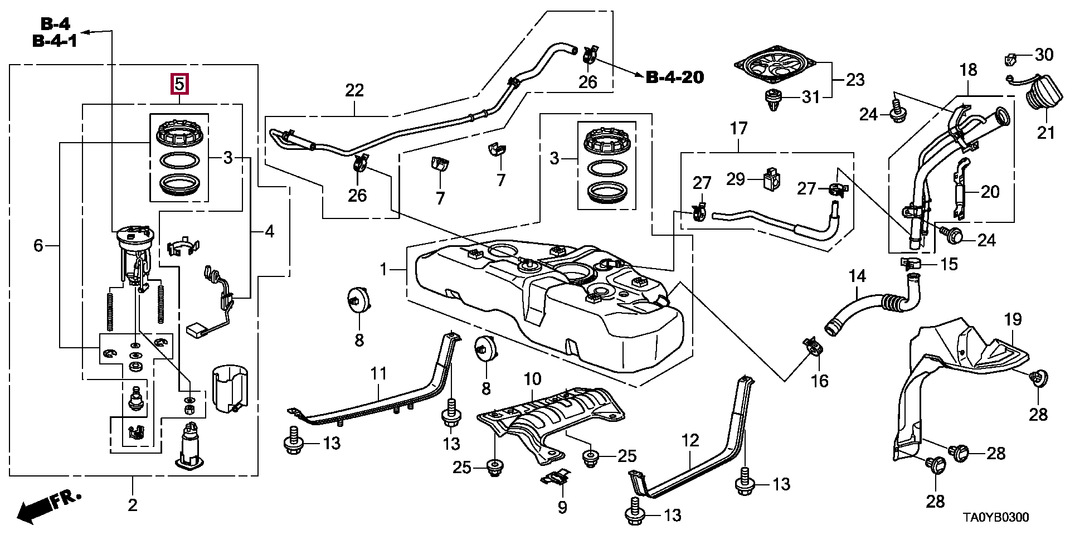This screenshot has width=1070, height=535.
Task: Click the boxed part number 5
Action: click(x=179, y=85)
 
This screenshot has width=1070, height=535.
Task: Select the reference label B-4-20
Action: click(x=674, y=77)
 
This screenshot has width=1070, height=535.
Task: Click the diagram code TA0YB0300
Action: click(x=996, y=518)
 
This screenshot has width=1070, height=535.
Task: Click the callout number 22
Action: click(x=354, y=90)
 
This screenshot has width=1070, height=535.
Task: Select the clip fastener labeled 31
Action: click(x=772, y=99)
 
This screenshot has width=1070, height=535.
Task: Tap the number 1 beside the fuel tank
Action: click(x=383, y=270)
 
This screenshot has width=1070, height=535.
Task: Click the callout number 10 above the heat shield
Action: click(x=532, y=380)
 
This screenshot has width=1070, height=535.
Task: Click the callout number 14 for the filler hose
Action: click(x=858, y=276)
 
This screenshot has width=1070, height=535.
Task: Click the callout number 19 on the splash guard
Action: click(x=1013, y=319)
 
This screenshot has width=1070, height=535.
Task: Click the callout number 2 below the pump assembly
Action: click(x=132, y=505)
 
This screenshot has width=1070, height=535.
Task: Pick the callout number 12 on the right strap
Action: click(x=690, y=441)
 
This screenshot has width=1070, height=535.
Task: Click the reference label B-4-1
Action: click(x=55, y=41)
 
